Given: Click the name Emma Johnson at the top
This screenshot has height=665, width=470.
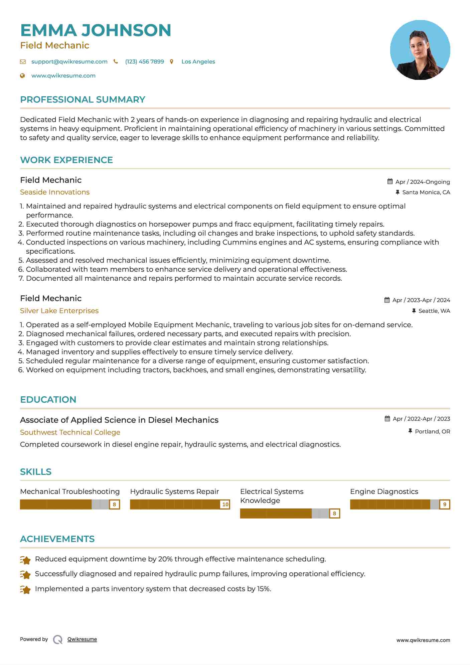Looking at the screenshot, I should pos(96,30).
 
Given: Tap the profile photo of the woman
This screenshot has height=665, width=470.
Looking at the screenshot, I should pos(420,50).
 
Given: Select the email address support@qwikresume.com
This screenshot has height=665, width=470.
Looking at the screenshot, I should pos(69,61).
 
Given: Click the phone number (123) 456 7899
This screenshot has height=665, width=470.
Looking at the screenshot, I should pos(144,61).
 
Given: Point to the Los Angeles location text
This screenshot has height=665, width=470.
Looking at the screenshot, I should pos(198,61).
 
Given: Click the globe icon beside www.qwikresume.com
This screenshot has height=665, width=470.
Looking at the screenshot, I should pos(22,76).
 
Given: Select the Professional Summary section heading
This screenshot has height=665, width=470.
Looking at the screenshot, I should pos(83,100).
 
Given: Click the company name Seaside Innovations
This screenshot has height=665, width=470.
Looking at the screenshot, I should pos(55,192).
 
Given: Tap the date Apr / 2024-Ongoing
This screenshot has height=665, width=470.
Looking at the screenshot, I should pos(422,182).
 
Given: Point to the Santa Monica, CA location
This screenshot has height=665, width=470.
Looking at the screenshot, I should pos(426,192).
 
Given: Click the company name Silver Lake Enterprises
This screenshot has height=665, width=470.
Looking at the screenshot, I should pos(59,311).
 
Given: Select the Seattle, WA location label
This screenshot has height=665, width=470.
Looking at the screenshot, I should pos(434,311).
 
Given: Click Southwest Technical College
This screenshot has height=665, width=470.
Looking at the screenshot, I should pos(70,432).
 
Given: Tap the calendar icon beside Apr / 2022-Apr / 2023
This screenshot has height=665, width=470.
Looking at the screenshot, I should pos(387,419).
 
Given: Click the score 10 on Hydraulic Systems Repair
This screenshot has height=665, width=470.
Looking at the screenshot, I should pos(225,505).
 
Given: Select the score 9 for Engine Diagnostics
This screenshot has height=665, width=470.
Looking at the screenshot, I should pos(444,505).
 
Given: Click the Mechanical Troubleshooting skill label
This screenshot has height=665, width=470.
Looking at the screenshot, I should pos(70,492).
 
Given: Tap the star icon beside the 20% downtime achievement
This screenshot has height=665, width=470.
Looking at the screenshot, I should pos(25,560).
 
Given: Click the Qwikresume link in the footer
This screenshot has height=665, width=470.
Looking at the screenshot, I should pos(82,639).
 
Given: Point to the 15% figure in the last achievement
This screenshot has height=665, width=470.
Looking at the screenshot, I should pos(264,589).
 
